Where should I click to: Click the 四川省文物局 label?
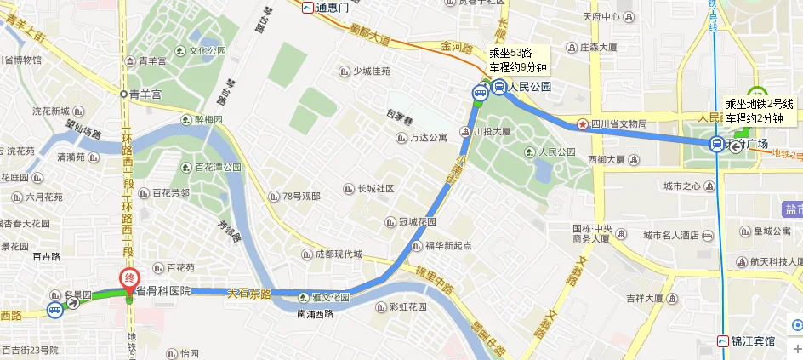[x=617, y=124]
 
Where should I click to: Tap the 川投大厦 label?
[x=486, y=131]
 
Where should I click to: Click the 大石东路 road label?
[x=248, y=293]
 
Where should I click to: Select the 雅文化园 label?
[x=328, y=298]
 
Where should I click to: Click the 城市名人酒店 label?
[x=678, y=235]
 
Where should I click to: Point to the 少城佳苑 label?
[x=371, y=71]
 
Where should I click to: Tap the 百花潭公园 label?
[x=218, y=167]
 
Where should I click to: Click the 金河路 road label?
[x=456, y=48]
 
